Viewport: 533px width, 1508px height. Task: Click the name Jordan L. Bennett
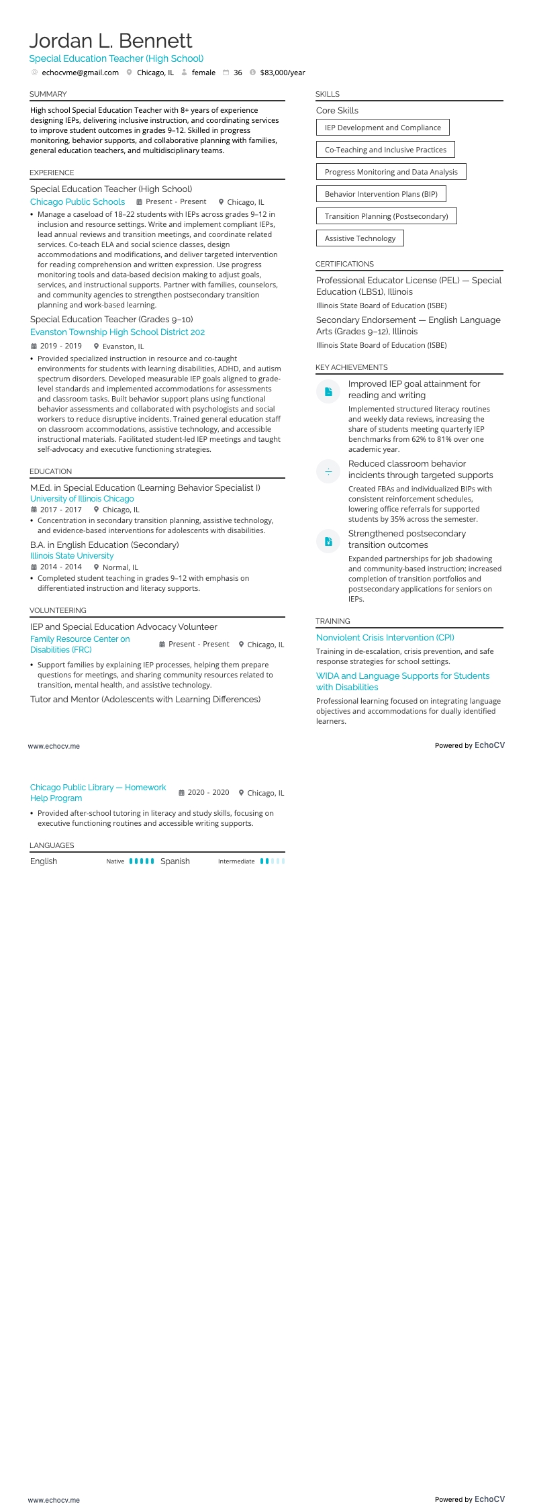[x=111, y=41]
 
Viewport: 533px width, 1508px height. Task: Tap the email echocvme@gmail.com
[x=80, y=73]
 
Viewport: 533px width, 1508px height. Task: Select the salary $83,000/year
[x=282, y=73]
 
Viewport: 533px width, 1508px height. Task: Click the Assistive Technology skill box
[x=360, y=238]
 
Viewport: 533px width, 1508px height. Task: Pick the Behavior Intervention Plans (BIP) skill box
[x=381, y=194]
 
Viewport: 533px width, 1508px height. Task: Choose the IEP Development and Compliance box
[x=383, y=128]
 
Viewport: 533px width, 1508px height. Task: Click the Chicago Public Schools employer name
[x=77, y=201]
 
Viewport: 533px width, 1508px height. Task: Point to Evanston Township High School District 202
[x=117, y=332]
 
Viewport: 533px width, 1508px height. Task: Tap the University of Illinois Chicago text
[x=82, y=499]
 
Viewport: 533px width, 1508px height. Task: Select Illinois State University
[x=72, y=556]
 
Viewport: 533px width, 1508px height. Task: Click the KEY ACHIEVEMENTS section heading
[x=352, y=367]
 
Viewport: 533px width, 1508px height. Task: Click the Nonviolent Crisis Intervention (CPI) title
[x=385, y=638]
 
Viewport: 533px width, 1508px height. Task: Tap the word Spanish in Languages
[x=175, y=861]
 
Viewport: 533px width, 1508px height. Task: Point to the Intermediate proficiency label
[x=236, y=861]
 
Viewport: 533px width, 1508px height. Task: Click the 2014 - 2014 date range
[x=60, y=567]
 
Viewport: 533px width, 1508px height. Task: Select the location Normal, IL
[x=120, y=567]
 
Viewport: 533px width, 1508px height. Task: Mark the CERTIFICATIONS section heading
[x=344, y=264]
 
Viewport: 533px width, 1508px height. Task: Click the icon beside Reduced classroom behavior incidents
[x=328, y=471]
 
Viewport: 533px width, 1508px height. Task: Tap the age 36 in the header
[x=238, y=73]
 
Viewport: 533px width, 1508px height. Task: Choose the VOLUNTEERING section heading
[x=58, y=610]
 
